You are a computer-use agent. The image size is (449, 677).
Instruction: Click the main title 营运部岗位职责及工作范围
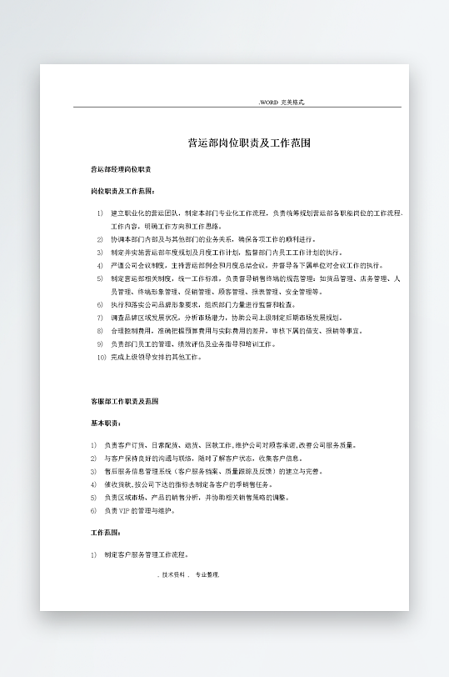point(249,143)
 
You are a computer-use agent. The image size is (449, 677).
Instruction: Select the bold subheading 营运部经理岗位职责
point(120,169)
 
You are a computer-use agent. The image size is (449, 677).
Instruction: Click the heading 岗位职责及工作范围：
point(122,191)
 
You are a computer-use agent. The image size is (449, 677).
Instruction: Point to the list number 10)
point(102,357)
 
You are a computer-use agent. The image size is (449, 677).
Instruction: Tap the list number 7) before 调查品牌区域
point(100,318)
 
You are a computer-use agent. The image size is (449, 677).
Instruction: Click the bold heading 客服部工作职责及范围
point(124,402)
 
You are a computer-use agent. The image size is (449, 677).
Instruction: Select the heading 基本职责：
point(106,424)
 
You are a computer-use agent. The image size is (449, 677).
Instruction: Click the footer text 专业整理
point(207,574)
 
